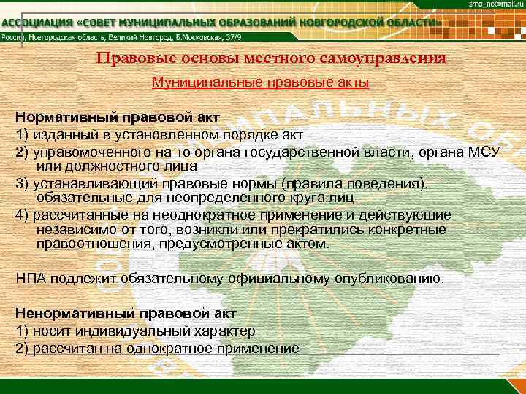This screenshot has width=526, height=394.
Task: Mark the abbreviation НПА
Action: [x=31, y=279]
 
